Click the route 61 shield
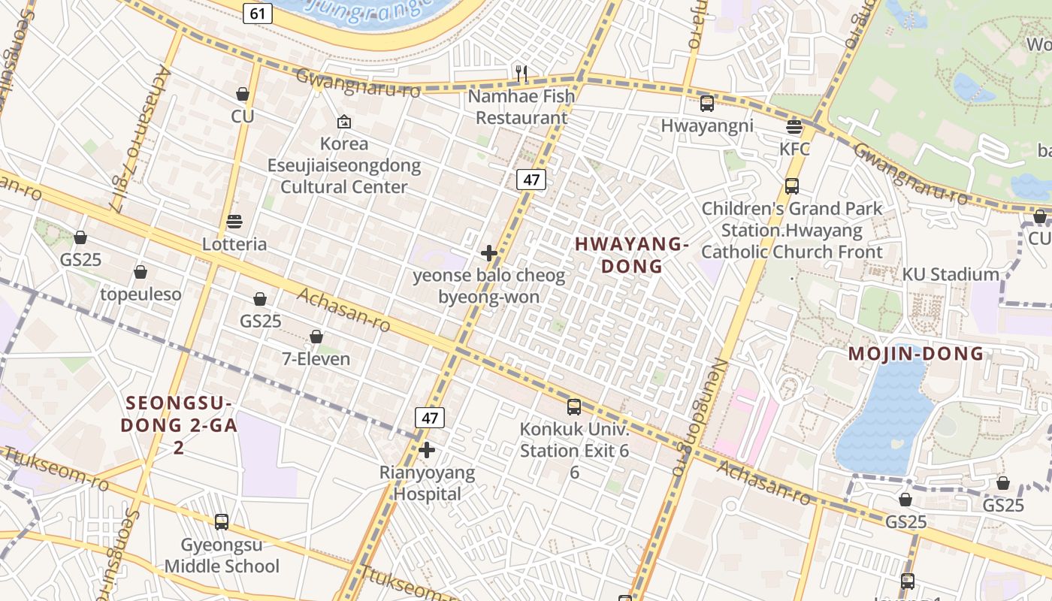(256, 13)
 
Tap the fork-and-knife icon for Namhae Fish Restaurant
(521, 74)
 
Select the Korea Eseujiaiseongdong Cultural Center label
(344, 165)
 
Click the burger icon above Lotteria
(234, 222)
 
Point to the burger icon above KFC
(794, 126)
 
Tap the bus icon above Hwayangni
(706, 104)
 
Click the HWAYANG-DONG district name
(631, 255)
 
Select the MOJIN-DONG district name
(916, 354)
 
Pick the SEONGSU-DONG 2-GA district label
(179, 424)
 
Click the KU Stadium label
(951, 275)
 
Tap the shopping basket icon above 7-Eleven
(316, 337)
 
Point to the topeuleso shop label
(141, 294)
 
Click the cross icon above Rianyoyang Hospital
(427, 451)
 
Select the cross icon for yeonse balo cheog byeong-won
(488, 253)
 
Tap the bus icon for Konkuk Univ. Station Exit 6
(574, 407)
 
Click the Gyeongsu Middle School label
(222, 555)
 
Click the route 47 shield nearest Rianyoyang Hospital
(429, 418)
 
